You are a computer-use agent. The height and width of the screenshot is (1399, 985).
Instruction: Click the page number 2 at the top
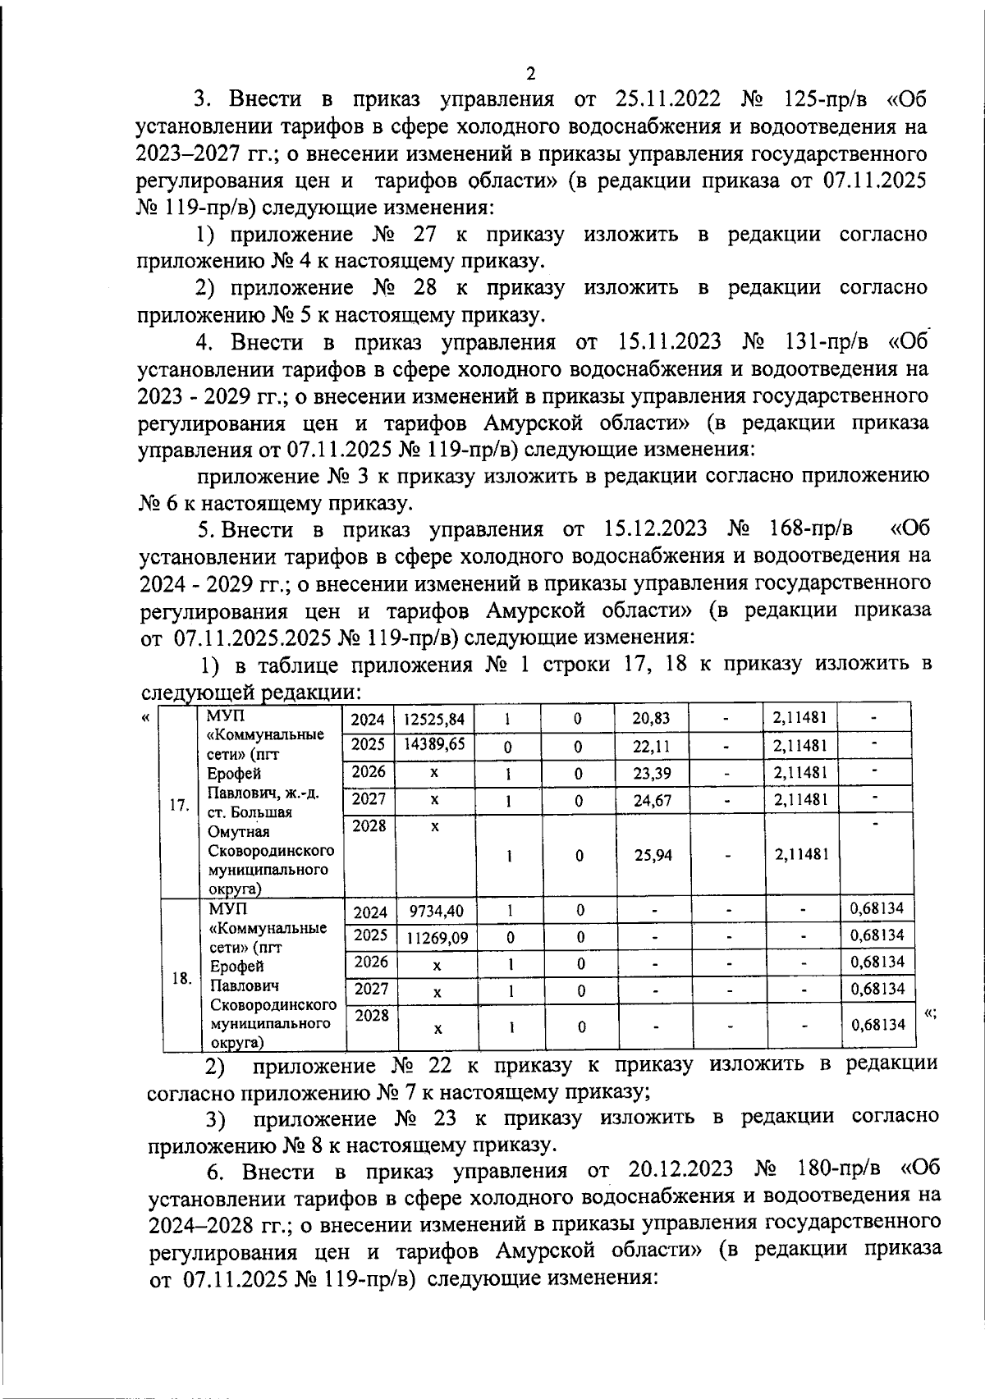[530, 74]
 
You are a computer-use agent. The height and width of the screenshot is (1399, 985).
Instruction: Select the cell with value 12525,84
[434, 720]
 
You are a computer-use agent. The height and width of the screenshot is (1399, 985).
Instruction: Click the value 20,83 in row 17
[652, 719]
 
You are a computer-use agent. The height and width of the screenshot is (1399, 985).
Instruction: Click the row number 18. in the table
[182, 978]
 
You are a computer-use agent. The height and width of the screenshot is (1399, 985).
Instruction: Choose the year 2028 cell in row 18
[372, 1016]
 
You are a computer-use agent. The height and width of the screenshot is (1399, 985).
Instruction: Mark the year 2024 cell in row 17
[368, 720]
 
